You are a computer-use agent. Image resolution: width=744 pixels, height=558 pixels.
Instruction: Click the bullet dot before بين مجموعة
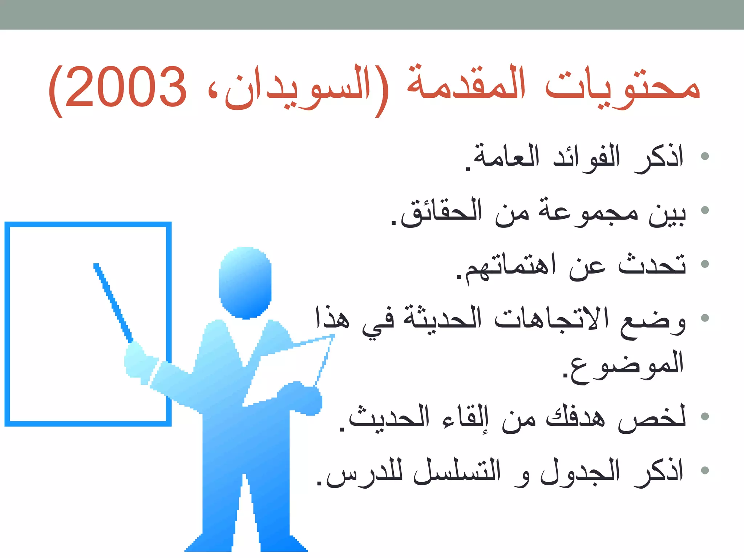(705, 210)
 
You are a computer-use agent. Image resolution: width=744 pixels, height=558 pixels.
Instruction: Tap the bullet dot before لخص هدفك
(705, 416)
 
